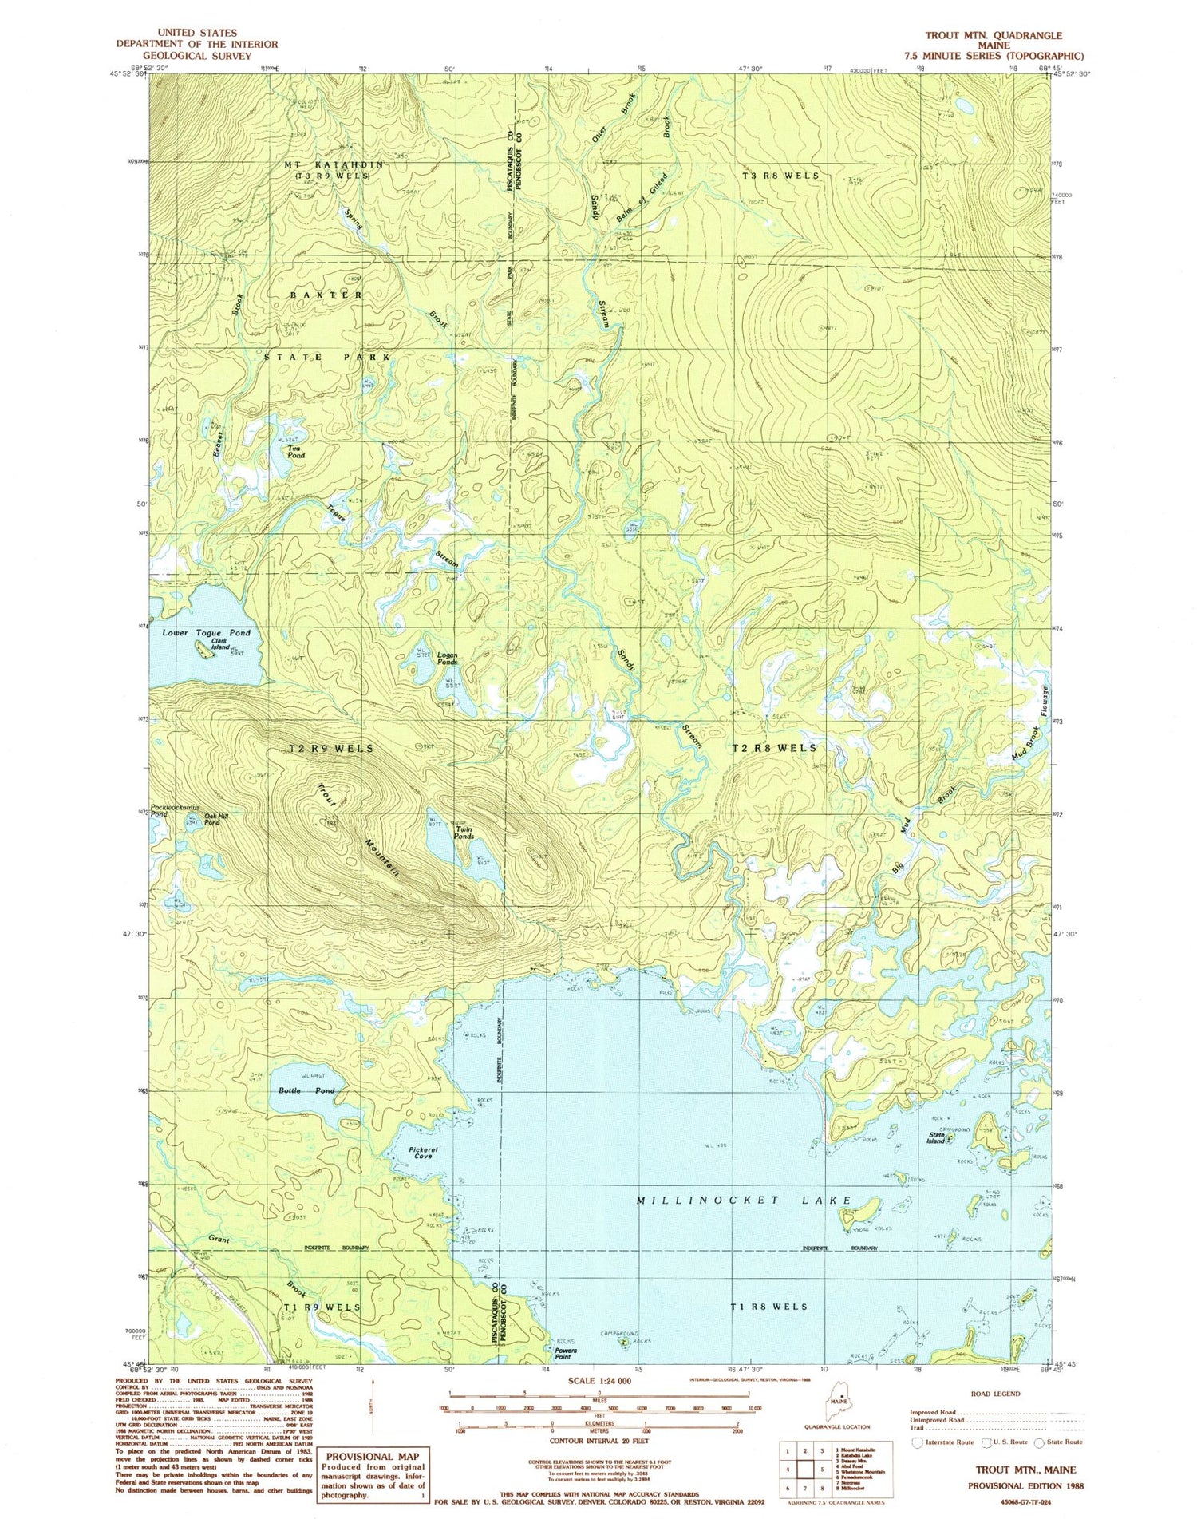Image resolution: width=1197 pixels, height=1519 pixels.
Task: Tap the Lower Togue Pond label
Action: pyautogui.click(x=206, y=632)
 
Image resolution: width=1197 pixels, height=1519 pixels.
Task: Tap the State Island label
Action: pyautogui.click(x=936, y=1137)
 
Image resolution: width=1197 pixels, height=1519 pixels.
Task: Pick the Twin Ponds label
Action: pyautogui.click(x=464, y=833)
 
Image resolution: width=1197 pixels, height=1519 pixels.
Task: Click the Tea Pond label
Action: pyautogui.click(x=296, y=452)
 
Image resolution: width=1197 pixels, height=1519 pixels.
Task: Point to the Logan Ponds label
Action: pyautogui.click(x=447, y=660)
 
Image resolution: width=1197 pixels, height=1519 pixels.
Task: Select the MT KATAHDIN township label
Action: pyautogui.click(x=334, y=164)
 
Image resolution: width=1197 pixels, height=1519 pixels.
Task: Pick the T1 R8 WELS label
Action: pyautogui.click(x=768, y=1306)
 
